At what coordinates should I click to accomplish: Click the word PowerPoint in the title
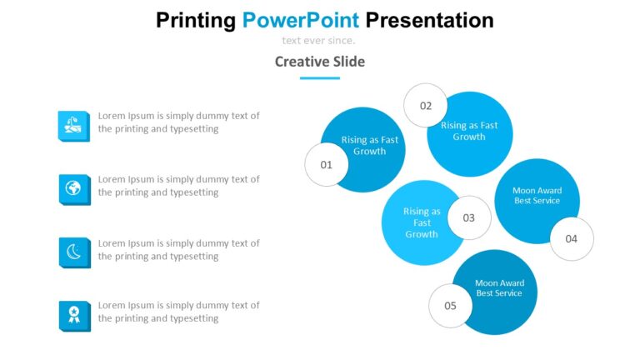[x=301, y=20]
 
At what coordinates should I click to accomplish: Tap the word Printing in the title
[x=196, y=20]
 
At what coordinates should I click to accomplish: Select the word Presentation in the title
[x=429, y=20]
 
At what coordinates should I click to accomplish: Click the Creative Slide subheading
[x=319, y=61]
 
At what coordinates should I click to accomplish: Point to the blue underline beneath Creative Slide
[x=319, y=77]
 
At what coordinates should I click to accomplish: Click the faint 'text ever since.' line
[x=318, y=40]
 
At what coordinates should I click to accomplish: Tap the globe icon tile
[x=73, y=189]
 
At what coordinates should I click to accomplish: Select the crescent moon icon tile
[x=73, y=252]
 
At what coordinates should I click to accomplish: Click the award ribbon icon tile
[x=73, y=315]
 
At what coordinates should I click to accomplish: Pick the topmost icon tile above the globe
[x=73, y=125]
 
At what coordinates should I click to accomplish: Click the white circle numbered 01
[x=326, y=164]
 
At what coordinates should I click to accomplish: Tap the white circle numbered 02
[x=426, y=106]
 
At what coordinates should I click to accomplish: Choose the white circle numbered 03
[x=469, y=217]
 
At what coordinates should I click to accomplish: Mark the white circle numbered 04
[x=571, y=238]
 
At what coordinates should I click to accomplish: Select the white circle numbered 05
[x=450, y=305]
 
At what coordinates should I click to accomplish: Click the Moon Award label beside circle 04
[x=537, y=196]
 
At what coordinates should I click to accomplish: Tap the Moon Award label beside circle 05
[x=499, y=288]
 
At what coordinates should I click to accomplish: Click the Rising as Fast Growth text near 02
[x=469, y=131]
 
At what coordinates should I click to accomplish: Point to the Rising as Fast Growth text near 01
[x=370, y=146]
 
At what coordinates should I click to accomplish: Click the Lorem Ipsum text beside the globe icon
[x=178, y=186]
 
